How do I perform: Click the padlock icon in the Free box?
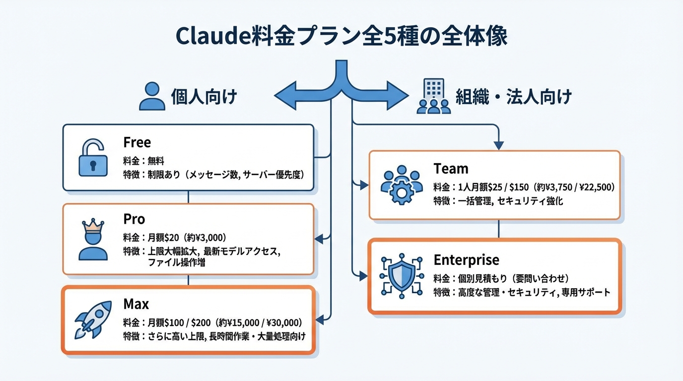pyautogui.click(x=93, y=158)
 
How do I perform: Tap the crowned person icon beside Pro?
pyautogui.click(x=93, y=241)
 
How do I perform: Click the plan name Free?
pyautogui.click(x=137, y=143)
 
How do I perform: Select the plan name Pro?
pyautogui.click(x=134, y=219)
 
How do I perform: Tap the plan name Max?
pyautogui.click(x=136, y=303)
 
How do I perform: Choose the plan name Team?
pyautogui.click(x=450, y=169)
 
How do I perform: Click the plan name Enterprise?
pyautogui.click(x=466, y=260)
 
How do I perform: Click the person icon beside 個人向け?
pyautogui.click(x=151, y=96)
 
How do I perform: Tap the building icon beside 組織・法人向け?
pyautogui.click(x=433, y=96)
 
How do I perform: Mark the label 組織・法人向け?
pyautogui.click(x=514, y=96)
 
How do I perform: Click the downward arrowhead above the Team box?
pyautogui.click(x=499, y=145)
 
